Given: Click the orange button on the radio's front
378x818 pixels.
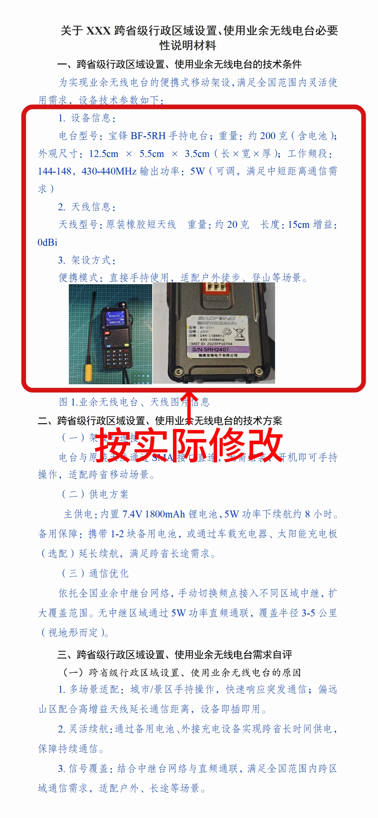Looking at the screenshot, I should (107, 333).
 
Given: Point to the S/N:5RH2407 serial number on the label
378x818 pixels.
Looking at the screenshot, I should (210, 349).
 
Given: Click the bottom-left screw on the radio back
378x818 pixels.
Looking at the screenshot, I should (178, 371).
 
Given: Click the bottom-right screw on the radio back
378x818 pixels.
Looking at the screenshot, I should (258, 371).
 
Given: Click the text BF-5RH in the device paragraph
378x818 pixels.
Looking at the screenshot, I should (148, 136).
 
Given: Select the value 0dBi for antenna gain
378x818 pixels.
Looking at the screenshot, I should (47, 242).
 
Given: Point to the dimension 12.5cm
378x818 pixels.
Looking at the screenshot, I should (103, 154).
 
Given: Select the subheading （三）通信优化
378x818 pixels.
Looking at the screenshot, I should (95, 573).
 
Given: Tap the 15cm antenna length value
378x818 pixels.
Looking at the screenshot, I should (298, 224).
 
